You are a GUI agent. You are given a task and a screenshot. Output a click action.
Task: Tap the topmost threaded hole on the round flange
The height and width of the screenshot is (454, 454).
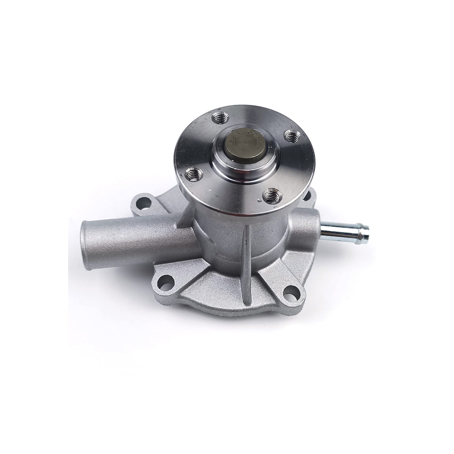pos(221,118)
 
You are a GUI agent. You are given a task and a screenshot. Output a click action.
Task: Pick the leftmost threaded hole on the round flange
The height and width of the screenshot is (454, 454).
pos(194,173)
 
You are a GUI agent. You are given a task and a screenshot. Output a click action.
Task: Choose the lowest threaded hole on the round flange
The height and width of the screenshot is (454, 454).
pos(272,196)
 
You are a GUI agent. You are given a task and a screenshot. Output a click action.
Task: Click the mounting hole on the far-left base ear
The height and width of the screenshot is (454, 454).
pos(143,203)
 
